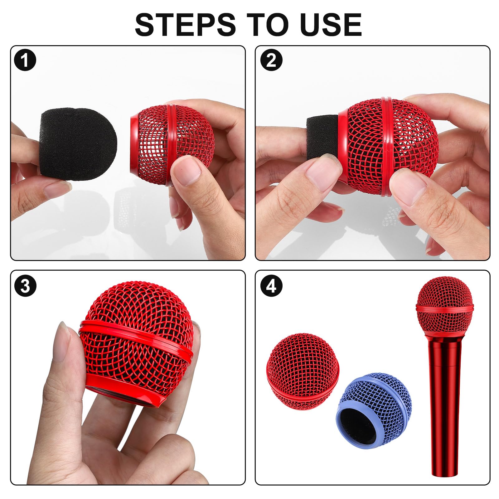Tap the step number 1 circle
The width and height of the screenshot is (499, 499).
click(x=25, y=60)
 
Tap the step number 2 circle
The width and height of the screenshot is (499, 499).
click(x=271, y=60)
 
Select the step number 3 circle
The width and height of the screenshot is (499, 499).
click(x=25, y=285)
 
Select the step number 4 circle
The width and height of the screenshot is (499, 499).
click(x=271, y=285)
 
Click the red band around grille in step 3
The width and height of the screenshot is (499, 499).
click(x=137, y=337)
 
